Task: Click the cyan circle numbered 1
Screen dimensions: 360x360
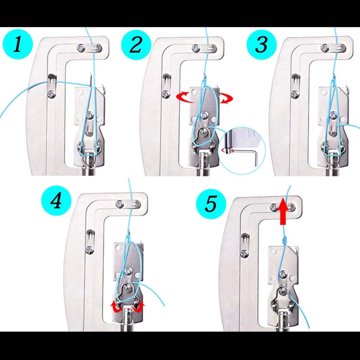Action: click(18, 45)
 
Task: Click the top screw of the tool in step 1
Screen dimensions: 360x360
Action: click(81, 47)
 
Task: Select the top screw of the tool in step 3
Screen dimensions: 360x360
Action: click(325, 47)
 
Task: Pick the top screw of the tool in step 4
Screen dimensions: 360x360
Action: click(119, 204)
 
